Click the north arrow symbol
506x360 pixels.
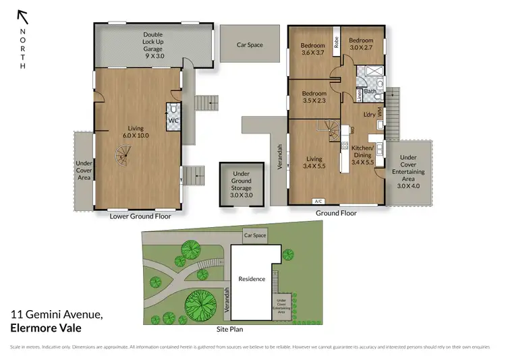pyautogui.click(x=23, y=16)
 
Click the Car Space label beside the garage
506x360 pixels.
pyautogui.click(x=249, y=45)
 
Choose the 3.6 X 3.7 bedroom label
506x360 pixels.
pyautogui.click(x=313, y=50)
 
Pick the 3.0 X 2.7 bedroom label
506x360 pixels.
pyautogui.click(x=360, y=44)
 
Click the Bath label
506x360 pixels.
pyautogui.click(x=370, y=91)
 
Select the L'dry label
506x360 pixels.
pyautogui.click(x=369, y=115)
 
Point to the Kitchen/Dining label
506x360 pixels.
pyautogui.click(x=363, y=154)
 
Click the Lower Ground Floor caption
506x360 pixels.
pyautogui.click(x=140, y=216)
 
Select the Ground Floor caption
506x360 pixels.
pyautogui.click(x=336, y=213)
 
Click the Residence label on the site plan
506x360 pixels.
pyautogui.click(x=252, y=279)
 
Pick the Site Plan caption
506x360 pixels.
pyautogui.click(x=229, y=330)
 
